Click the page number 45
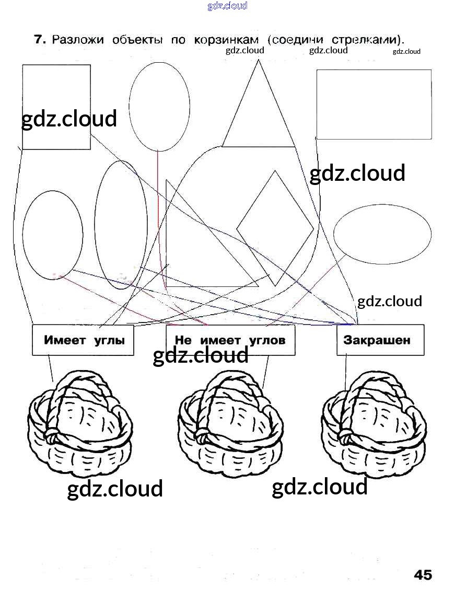click(423, 575)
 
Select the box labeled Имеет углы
click(83, 340)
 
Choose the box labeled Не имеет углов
click(230, 340)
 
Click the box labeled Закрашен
click(380, 340)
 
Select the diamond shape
click(275, 228)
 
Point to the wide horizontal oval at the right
click(382, 233)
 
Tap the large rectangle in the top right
click(374, 105)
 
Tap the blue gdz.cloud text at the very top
click(227, 6)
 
